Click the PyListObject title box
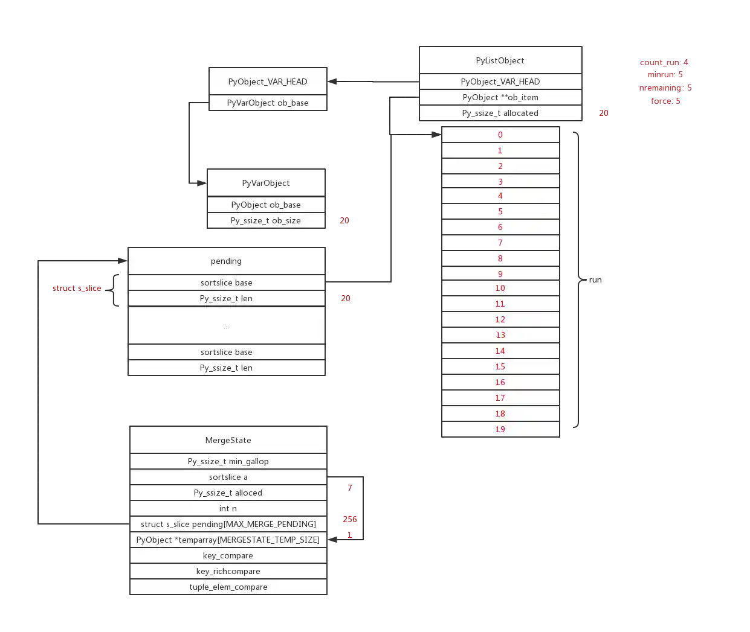click(500, 60)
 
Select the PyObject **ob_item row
click(500, 97)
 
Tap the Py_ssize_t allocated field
click(500, 113)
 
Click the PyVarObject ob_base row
click(268, 103)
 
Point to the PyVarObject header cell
click(266, 183)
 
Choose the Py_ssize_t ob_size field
click(266, 220)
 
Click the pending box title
click(226, 261)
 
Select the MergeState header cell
click(228, 440)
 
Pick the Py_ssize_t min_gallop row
click(228, 461)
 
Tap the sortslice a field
click(228, 477)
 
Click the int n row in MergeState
click(228, 508)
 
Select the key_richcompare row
click(228, 571)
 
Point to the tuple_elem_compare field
click(228, 587)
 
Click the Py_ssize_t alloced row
click(228, 493)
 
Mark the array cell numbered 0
click(500, 135)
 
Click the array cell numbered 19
click(500, 429)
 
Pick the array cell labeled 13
click(500, 335)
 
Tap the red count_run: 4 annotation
click(664, 62)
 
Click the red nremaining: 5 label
click(665, 88)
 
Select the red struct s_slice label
click(77, 288)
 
